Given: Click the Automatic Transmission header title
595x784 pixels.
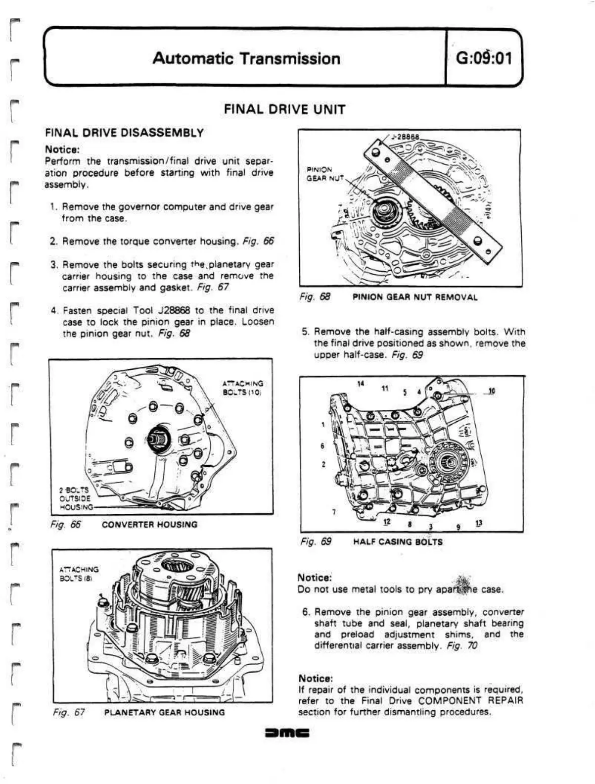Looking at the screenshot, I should tap(246, 58).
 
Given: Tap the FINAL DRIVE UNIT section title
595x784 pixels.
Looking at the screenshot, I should tap(284, 109).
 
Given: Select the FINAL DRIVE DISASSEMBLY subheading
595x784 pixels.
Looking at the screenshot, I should tap(124, 133).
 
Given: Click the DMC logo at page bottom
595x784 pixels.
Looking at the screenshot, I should tap(286, 733).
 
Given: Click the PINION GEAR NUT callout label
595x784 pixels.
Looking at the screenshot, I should tap(320, 174).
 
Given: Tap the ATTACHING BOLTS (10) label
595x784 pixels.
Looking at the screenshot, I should tap(243, 387).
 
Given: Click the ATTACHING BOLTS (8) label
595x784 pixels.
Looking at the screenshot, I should tap(79, 573).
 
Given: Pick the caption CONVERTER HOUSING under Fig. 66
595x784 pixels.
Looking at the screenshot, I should tap(149, 525).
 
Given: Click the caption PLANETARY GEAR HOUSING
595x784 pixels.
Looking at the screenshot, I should tap(164, 713).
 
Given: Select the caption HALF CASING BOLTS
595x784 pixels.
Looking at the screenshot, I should tap(398, 541).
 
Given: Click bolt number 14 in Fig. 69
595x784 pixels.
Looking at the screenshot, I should tap(361, 383).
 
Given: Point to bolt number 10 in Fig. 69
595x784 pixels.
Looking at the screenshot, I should tap(491, 391).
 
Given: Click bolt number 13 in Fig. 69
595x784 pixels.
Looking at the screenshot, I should tap(478, 523).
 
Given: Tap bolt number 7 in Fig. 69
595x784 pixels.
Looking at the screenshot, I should tap(334, 512).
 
